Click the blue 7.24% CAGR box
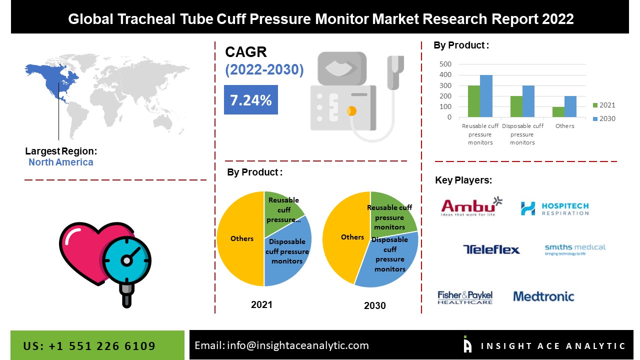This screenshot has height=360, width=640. pyautogui.click(x=251, y=99)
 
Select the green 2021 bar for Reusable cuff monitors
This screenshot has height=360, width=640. pyautogui.click(x=474, y=101)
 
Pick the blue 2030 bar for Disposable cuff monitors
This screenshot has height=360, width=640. pyautogui.click(x=528, y=101)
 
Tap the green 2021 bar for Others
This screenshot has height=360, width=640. pyautogui.click(x=558, y=112)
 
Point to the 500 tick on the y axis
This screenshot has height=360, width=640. pyautogui.click(x=445, y=64)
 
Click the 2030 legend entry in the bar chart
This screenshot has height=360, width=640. pyautogui.click(x=604, y=118)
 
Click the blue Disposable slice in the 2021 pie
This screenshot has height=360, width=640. pyautogui.click(x=287, y=251)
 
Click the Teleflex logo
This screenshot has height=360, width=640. pyautogui.click(x=491, y=249)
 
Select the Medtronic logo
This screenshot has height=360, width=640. pyautogui.click(x=543, y=296)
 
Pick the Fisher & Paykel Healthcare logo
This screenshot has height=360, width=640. pyautogui.click(x=465, y=297)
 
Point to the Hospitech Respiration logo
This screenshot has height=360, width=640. pyautogui.click(x=555, y=208)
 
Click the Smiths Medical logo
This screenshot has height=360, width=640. pyautogui.click(x=575, y=249)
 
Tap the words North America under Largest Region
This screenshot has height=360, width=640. pyautogui.click(x=61, y=162)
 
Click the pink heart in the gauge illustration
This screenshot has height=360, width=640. pyautogui.click(x=88, y=251)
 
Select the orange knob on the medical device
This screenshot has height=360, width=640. pyautogui.click(x=351, y=111)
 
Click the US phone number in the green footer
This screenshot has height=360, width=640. pyautogui.click(x=89, y=346)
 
